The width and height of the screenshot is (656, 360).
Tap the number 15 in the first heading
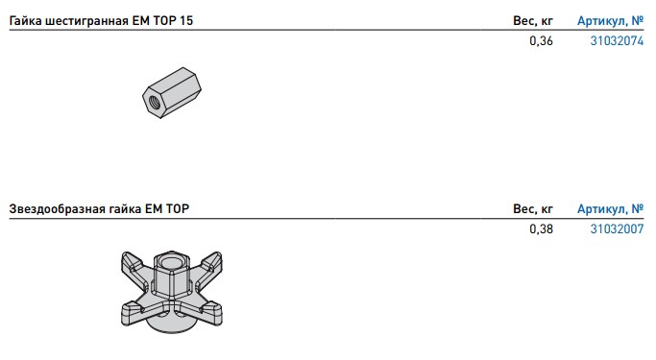click(x=186, y=20)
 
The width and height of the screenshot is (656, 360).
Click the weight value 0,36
click(x=541, y=41)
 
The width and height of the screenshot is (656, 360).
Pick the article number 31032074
click(x=617, y=41)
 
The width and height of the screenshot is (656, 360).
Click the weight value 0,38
click(x=541, y=229)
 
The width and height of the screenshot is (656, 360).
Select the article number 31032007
click(x=617, y=229)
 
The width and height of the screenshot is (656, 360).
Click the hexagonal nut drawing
click(x=172, y=93)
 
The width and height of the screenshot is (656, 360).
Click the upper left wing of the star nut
click(x=134, y=263)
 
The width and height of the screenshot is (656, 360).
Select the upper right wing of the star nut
click(x=209, y=263)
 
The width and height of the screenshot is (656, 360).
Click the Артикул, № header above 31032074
click(x=611, y=21)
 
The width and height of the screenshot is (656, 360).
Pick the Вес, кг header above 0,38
click(x=533, y=208)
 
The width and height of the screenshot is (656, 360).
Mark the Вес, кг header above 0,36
click(x=533, y=21)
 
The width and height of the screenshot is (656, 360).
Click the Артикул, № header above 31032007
click(x=611, y=208)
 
